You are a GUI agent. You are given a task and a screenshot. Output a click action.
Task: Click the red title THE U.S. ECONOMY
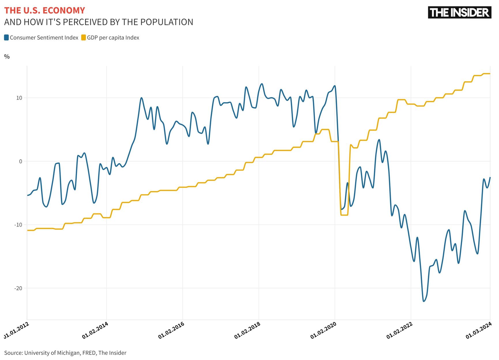(45, 10)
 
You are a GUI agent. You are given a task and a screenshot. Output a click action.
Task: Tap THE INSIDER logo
(459, 12)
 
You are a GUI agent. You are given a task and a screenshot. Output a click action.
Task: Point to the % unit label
(7, 57)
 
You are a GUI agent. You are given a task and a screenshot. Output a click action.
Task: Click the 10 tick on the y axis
(19, 98)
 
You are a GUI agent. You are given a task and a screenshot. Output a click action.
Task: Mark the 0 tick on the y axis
(20, 161)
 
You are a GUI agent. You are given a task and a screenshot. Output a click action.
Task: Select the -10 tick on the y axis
(18, 225)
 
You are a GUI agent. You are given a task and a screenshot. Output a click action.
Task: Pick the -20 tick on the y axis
(18, 288)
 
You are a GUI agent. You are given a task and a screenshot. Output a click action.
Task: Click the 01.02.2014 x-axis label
(95, 330)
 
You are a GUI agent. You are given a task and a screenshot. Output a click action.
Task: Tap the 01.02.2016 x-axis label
(171, 330)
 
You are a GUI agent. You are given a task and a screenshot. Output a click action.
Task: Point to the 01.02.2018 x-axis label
(247, 330)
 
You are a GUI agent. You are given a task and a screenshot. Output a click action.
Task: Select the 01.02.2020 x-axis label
(324, 330)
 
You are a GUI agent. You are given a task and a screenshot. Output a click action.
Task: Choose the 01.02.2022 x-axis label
(400, 330)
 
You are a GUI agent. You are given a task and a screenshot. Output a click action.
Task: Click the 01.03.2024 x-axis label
(479, 330)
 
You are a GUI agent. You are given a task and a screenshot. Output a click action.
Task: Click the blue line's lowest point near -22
(424, 301)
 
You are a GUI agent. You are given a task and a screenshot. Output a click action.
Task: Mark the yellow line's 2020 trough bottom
(344, 215)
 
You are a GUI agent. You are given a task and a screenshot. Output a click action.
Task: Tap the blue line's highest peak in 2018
(262, 84)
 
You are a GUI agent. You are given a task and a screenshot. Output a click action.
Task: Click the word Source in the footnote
(13, 353)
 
